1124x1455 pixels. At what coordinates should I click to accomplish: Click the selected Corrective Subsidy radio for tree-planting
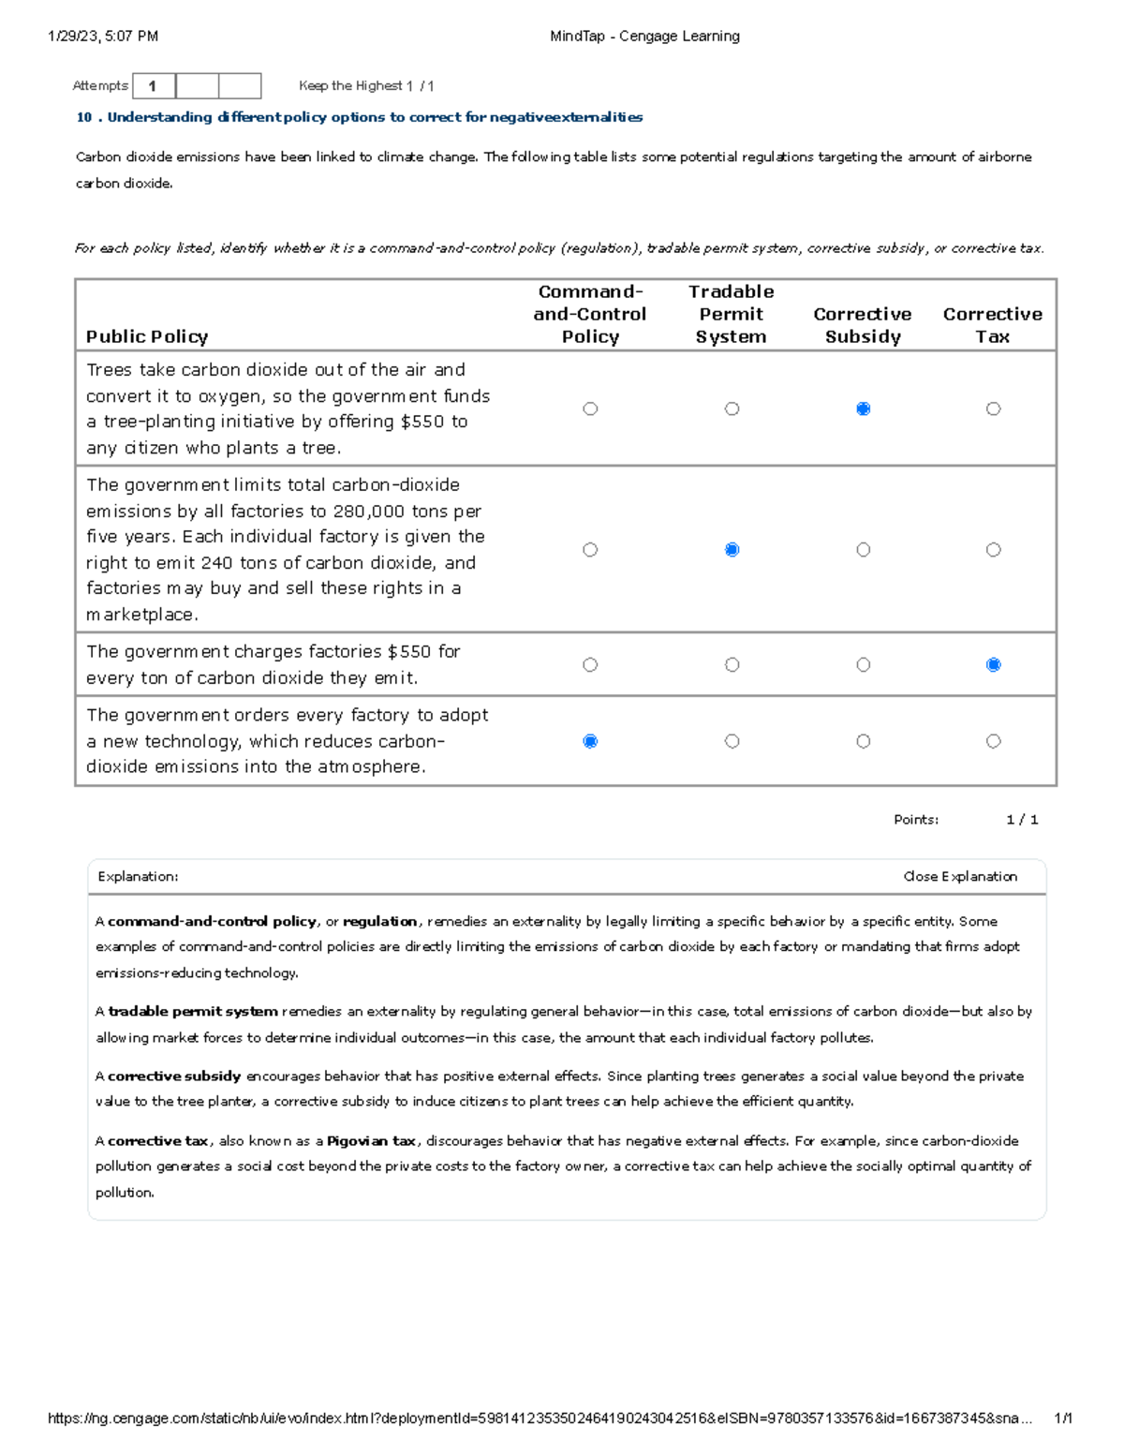point(863,408)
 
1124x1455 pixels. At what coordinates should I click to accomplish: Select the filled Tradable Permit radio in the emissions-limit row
point(732,550)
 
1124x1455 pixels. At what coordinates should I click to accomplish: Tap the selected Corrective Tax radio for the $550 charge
point(993,664)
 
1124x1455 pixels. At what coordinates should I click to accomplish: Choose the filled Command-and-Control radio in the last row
point(590,741)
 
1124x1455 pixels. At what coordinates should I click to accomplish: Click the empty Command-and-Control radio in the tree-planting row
point(590,408)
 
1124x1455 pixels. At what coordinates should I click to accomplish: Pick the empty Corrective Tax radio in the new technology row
point(993,741)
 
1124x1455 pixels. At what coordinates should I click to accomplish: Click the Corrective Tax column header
point(992,325)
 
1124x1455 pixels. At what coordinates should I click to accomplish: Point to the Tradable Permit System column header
point(731,314)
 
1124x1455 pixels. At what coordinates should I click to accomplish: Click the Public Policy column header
point(147,336)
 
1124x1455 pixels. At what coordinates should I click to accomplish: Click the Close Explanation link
point(960,876)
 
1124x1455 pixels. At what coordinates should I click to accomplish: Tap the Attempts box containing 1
point(154,86)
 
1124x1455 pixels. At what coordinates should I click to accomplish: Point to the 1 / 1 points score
point(1022,820)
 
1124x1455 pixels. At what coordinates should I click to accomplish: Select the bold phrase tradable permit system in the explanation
point(193,1012)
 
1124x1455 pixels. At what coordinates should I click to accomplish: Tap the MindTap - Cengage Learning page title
point(644,37)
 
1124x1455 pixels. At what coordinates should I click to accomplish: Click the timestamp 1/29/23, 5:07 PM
point(103,37)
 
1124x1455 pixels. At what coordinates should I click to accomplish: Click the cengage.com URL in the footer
point(539,1418)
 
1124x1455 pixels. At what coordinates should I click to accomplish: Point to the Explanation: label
point(138,877)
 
